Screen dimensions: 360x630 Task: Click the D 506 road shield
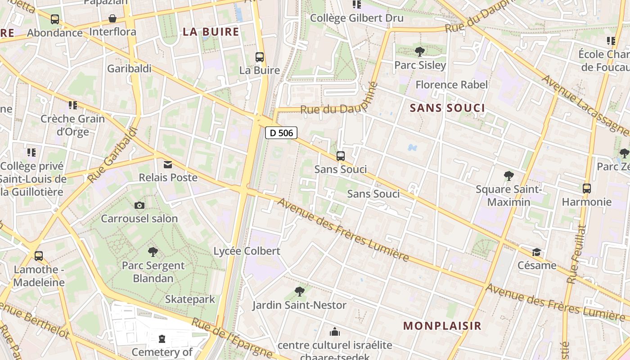[x=281, y=133]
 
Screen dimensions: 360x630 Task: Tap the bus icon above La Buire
[x=260, y=57]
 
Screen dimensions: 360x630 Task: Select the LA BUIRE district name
[x=211, y=31]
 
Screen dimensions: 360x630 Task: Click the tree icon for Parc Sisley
[x=420, y=52]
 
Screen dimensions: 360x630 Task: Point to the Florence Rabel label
[x=451, y=85]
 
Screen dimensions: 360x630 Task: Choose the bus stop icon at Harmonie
[x=587, y=189]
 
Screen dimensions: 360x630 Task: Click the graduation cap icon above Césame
[x=536, y=252]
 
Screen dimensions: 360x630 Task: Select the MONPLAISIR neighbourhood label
[x=442, y=326]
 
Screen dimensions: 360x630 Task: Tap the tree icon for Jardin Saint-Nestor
[x=299, y=292]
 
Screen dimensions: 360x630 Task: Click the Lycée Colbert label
[x=247, y=251]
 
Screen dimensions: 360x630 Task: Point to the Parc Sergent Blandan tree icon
[x=153, y=252]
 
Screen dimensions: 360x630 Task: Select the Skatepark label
[x=190, y=299]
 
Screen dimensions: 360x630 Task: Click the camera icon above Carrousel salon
[x=139, y=206]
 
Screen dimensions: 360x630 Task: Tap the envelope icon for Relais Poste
[x=168, y=165]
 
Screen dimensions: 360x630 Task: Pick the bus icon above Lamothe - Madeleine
[x=39, y=256]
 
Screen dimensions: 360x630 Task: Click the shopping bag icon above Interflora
[x=112, y=19]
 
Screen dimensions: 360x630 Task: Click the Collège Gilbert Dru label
[x=357, y=18]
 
